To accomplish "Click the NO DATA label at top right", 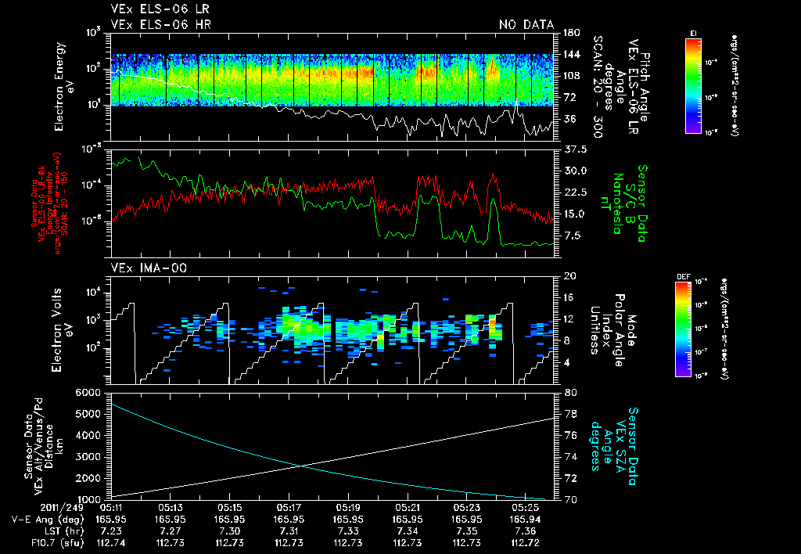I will tap(526, 24).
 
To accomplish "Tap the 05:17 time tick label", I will tap(289, 508).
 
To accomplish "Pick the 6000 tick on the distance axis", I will tap(89, 392).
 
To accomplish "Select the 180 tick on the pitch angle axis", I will tap(569, 32).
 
